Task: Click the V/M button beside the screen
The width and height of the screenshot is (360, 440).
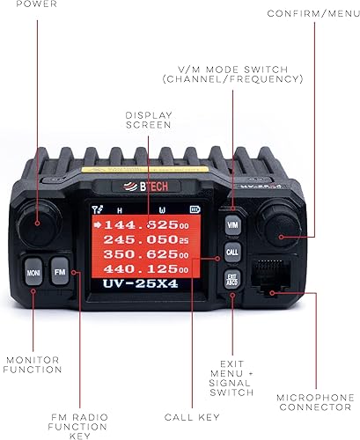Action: point(232,225)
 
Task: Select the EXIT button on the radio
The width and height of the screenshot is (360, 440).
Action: point(232,280)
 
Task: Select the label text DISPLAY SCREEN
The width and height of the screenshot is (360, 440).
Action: point(149,119)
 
